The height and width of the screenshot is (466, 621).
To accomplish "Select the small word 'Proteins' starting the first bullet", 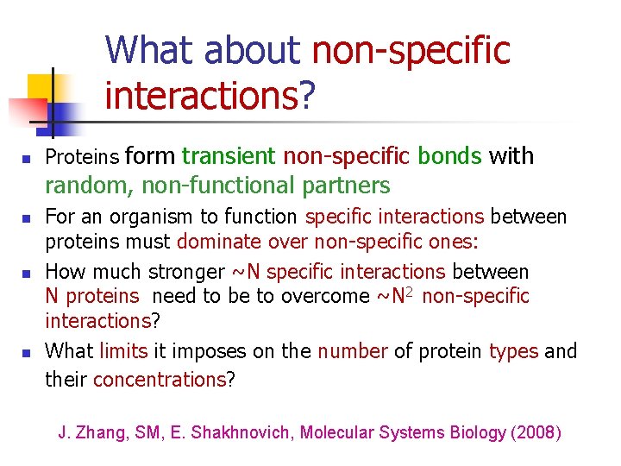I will (83, 157).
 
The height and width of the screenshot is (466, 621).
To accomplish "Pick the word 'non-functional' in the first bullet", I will (211, 186).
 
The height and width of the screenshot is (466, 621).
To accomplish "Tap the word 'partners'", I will (348, 186).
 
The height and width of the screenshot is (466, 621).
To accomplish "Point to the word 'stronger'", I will (185, 272).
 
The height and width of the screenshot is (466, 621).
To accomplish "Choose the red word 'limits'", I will (123, 351).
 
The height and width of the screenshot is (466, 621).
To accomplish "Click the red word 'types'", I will (514, 351).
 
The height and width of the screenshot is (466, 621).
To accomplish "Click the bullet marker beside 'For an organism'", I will (26, 217).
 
